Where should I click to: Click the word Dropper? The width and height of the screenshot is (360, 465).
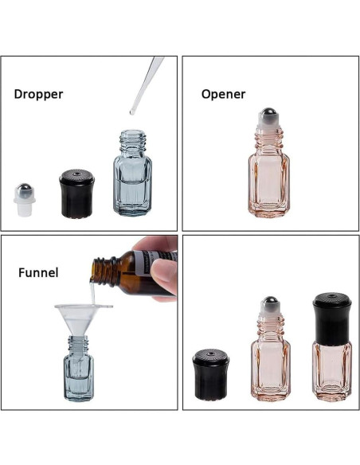38,94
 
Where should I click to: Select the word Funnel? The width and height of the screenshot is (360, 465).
38,273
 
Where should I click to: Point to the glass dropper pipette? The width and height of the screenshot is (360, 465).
147,84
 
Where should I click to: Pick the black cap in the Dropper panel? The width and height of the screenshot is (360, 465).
76,194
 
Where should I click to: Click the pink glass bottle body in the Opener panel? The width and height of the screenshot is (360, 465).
270,183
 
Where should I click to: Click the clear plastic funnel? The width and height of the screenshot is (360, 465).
83,315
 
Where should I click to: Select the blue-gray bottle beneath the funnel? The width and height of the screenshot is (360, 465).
80,374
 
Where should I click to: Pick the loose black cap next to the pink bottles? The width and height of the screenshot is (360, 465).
211,375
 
